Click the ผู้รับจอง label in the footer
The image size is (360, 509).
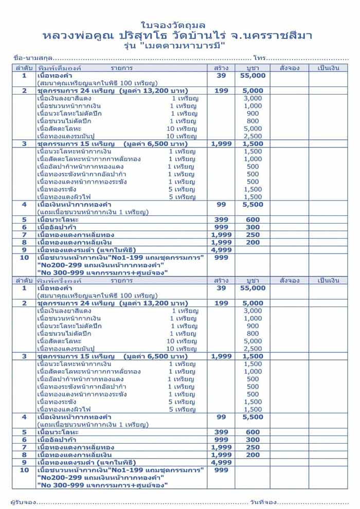[x=24, y=501]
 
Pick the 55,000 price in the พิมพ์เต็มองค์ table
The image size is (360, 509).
[x=253, y=76]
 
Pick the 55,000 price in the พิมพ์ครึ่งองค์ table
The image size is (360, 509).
[x=253, y=288]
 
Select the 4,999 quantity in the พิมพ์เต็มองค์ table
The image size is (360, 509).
[x=222, y=250]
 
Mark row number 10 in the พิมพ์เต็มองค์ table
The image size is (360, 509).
[x=24, y=258]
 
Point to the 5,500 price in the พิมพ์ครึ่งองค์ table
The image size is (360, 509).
[x=253, y=417]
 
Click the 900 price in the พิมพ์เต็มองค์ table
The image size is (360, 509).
[x=253, y=114]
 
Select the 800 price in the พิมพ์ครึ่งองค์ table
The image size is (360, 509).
[x=253, y=334]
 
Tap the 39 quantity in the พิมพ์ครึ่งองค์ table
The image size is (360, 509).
[x=222, y=288]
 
